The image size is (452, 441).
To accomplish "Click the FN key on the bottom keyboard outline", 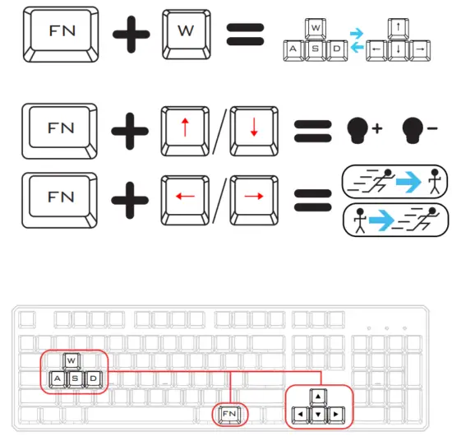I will coord(230,412).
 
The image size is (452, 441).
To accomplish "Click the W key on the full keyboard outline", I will coord(71,361).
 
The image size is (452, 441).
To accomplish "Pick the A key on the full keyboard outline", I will coord(58,379).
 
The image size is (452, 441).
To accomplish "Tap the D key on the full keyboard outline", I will coord(95,379).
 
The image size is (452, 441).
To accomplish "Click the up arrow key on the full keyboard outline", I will coord(319,395).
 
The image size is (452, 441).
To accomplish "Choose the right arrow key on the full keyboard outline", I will coord(337,412).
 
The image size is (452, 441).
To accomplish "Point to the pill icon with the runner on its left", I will coord(394,180).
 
